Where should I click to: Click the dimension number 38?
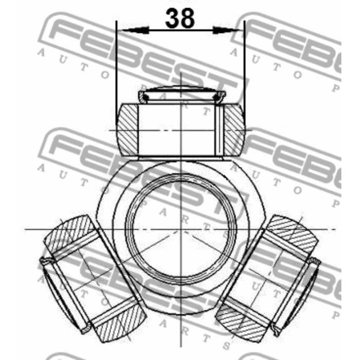180,19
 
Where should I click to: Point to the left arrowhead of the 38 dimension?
123,31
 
